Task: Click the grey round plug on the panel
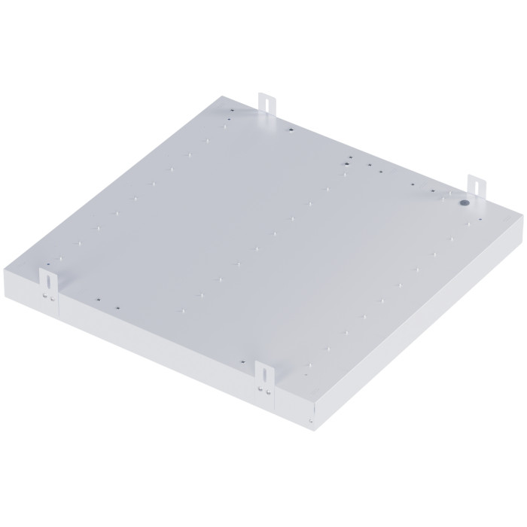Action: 465,202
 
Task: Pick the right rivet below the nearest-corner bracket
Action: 265,391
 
